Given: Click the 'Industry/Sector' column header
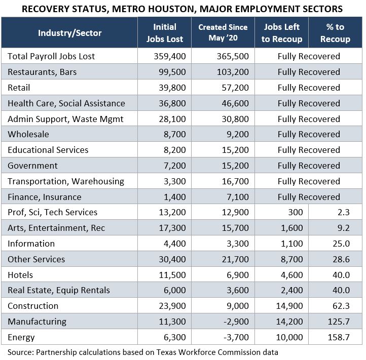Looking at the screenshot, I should [69, 33].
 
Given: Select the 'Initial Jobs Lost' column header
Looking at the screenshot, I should [165, 33].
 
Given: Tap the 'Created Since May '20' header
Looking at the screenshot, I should [223, 33].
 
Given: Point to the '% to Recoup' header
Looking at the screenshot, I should [335, 33].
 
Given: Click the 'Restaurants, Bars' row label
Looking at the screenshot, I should [42, 72].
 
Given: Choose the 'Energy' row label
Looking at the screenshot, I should [21, 337].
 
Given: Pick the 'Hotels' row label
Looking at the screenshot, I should [20, 275].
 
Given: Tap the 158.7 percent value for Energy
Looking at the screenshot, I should [339, 337].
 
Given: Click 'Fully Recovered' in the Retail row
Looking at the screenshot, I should [308, 88].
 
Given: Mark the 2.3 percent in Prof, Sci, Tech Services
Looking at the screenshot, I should [343, 212].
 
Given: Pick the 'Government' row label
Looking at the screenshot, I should [32, 166].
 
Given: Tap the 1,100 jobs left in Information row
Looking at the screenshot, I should [291, 244].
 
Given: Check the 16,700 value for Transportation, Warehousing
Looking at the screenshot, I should [234, 181].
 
